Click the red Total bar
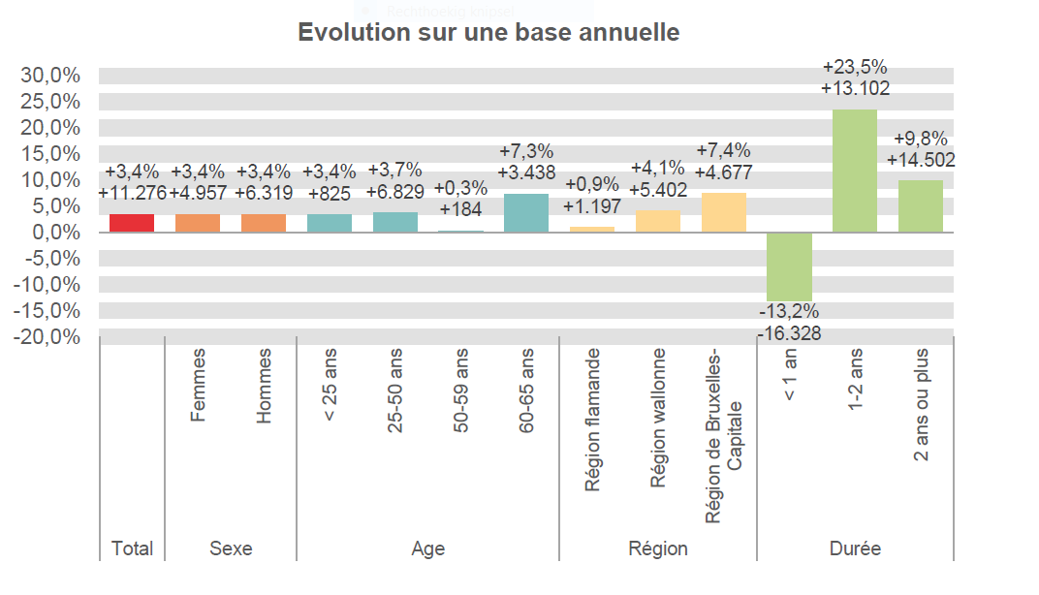point(132,223)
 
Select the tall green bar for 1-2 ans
point(855,171)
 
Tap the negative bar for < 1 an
point(789,266)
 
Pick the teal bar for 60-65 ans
point(526,213)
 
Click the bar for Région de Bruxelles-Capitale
point(724,212)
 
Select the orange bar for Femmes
point(198,223)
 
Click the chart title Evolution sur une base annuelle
point(488,32)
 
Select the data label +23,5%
point(855,67)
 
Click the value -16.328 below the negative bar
point(789,333)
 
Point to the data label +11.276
point(132,193)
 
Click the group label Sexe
point(231,548)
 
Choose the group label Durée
point(855,548)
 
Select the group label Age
point(427,548)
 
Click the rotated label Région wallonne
point(658,418)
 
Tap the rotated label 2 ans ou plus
point(922,405)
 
